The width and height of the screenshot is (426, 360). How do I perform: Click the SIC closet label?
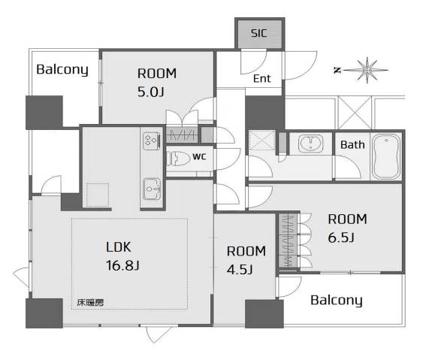tap(259, 33)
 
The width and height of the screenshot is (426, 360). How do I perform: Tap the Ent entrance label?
tap(262, 78)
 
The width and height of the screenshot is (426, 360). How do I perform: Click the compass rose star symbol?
tap(367, 70)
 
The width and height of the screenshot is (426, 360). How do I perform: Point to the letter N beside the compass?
tap(337, 71)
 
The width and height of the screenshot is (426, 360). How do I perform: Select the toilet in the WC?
tap(178, 159)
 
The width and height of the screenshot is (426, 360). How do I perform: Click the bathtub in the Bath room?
tap(385, 156)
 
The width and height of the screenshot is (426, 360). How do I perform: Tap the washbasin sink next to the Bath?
tap(311, 144)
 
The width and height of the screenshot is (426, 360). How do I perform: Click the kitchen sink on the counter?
tap(152, 189)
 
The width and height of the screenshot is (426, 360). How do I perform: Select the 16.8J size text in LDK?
tap(122, 265)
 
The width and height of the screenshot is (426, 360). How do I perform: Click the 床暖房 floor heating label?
tap(90, 303)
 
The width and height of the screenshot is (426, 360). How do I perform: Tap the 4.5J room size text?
tap(240, 270)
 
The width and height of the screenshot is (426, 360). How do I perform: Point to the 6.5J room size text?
tap(341, 237)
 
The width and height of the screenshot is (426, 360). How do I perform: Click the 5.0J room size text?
tap(151, 92)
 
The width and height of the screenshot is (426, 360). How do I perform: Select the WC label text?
tap(199, 157)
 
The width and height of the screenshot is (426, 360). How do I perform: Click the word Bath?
tap(352, 145)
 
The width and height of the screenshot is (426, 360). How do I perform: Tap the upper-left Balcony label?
tap(62, 70)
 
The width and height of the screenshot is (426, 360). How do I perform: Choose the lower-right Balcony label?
tap(337, 301)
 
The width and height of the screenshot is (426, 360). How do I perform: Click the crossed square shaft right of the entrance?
tap(355, 113)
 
